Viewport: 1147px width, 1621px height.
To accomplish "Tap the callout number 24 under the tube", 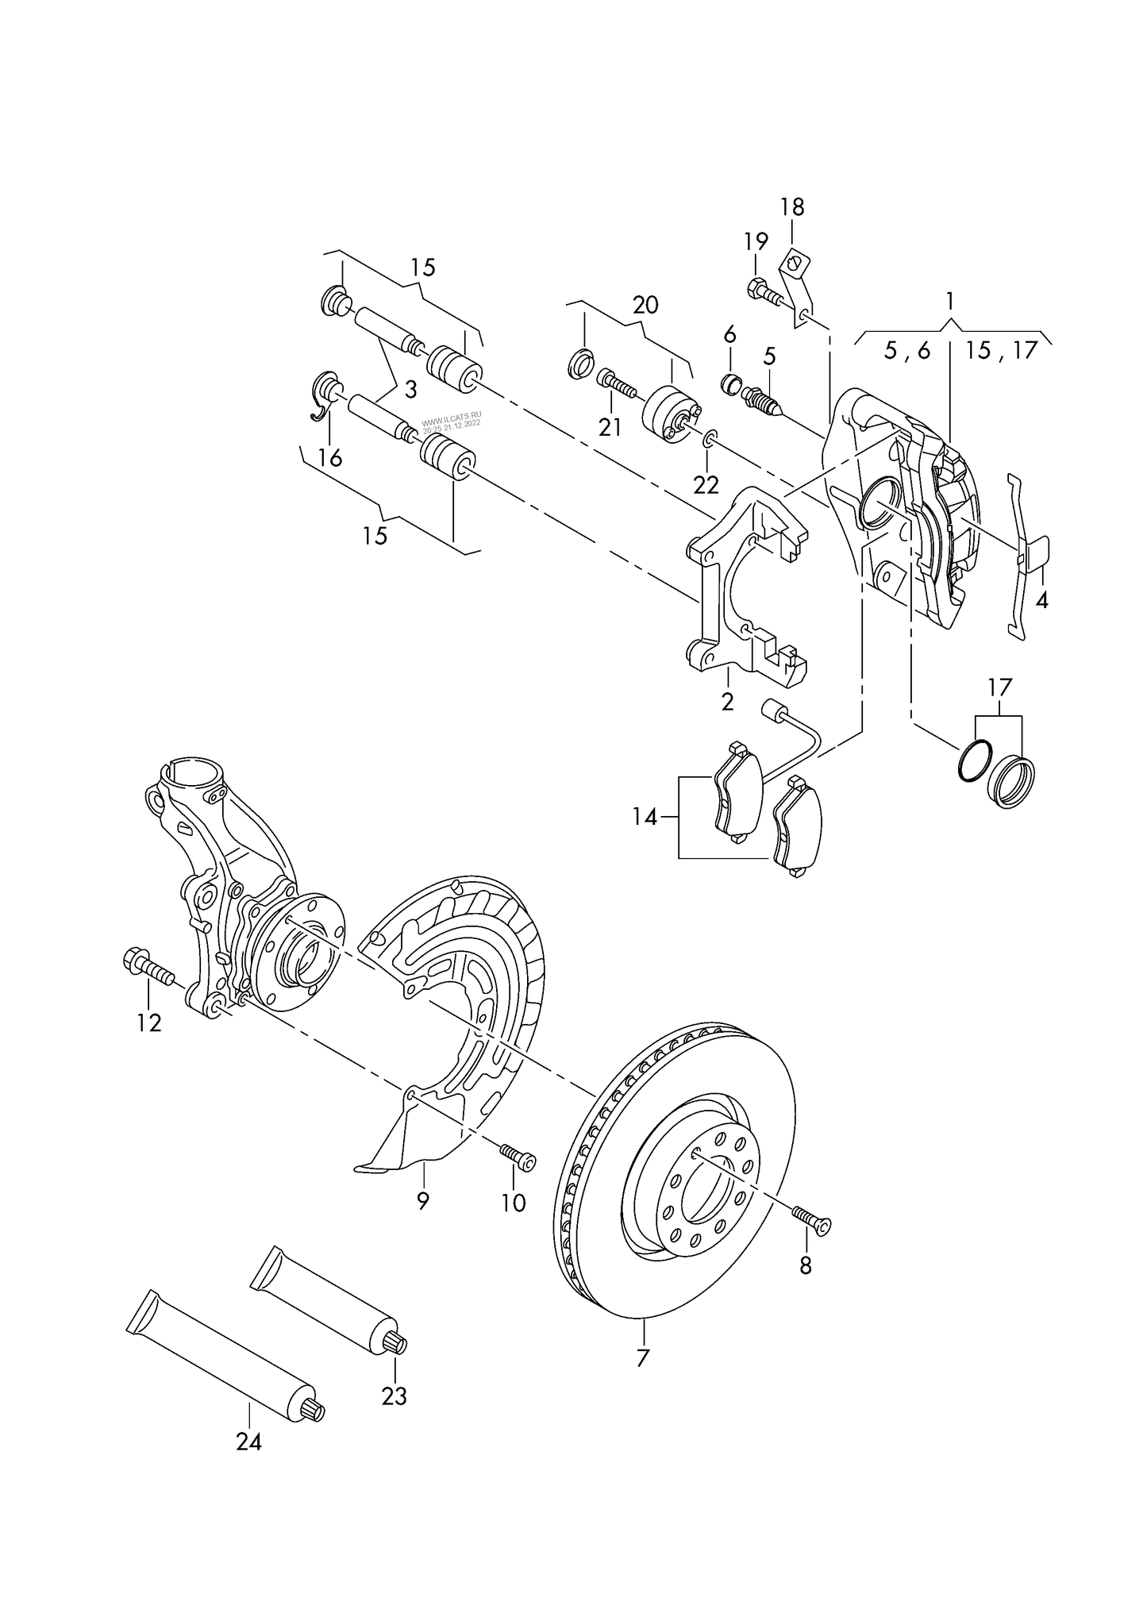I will click(248, 1464).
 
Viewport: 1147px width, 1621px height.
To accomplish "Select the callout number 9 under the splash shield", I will click(422, 1223).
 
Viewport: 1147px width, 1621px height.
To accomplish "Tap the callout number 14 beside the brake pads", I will click(645, 816).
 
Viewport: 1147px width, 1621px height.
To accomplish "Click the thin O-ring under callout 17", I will click(973, 761).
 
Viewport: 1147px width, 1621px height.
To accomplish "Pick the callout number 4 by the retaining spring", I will click(1041, 600).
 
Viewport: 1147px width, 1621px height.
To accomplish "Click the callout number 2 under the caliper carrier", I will click(727, 701).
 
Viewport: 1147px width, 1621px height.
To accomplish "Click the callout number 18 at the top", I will click(791, 207).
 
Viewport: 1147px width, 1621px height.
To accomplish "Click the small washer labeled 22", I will click(710, 437).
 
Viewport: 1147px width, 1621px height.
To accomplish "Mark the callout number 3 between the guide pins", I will click(410, 390).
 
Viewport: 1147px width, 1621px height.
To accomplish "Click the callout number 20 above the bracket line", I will click(645, 305).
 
